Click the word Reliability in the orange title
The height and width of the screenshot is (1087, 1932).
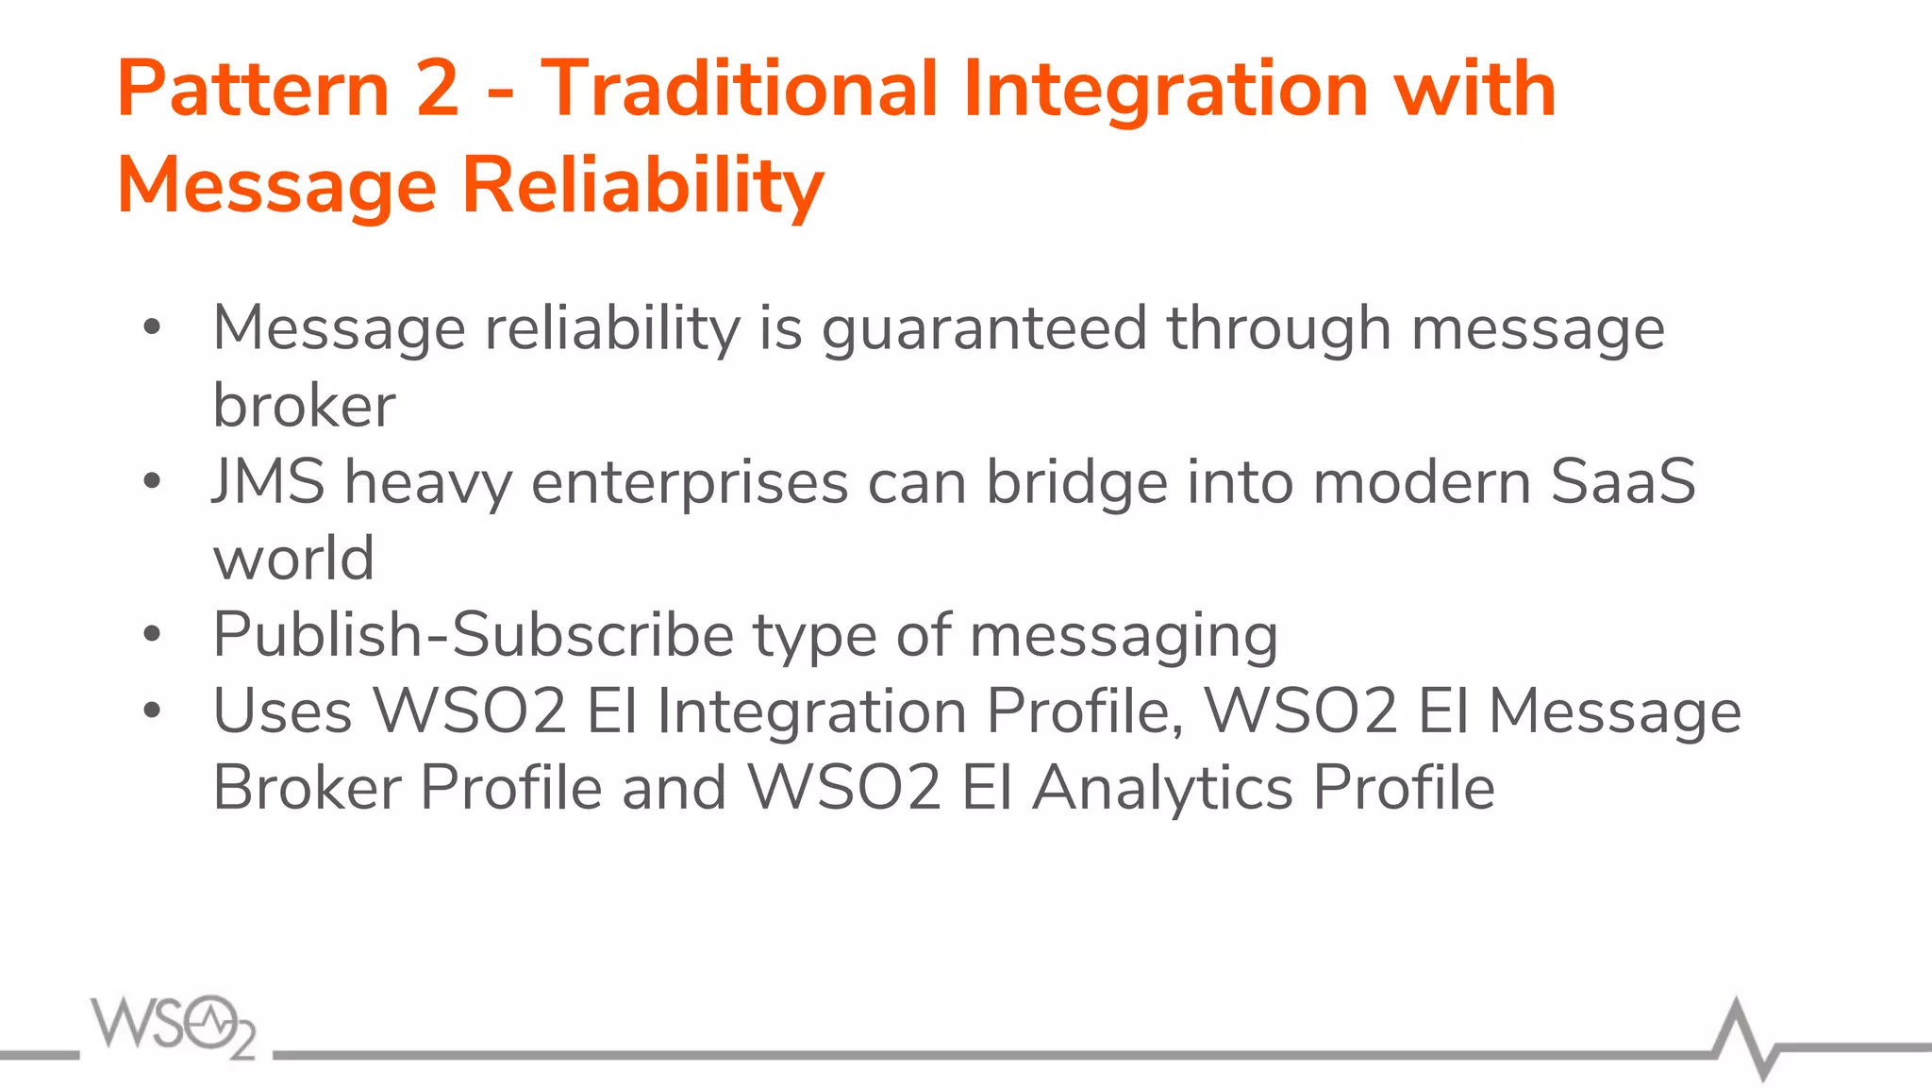point(643,186)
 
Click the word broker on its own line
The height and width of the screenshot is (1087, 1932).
point(304,406)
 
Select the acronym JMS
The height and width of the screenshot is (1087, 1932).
point(269,481)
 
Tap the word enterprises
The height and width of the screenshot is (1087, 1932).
point(690,483)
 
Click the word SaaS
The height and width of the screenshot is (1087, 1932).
point(1623,481)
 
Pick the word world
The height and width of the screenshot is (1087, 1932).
point(293,558)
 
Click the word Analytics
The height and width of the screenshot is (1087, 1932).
point(1162,789)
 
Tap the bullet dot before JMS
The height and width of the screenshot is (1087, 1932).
point(152,482)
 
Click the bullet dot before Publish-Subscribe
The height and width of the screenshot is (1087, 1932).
point(152,635)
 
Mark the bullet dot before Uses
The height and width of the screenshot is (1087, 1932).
point(152,711)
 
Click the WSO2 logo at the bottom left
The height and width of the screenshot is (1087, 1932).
point(174,1026)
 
